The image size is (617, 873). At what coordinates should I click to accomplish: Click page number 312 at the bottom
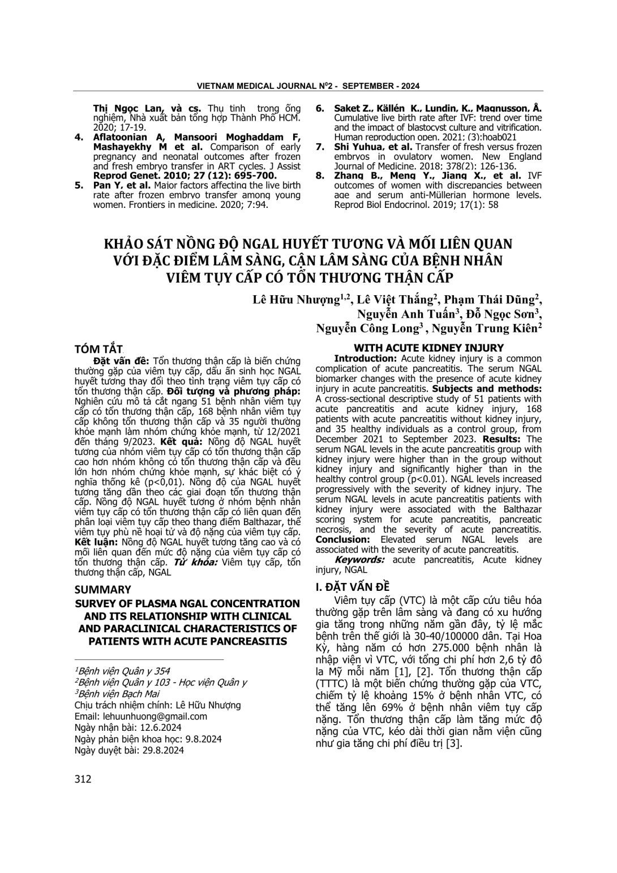(x=83, y=779)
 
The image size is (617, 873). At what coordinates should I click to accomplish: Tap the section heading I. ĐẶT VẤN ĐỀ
(x=353, y=586)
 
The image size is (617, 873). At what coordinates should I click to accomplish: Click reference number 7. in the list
(x=319, y=147)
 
